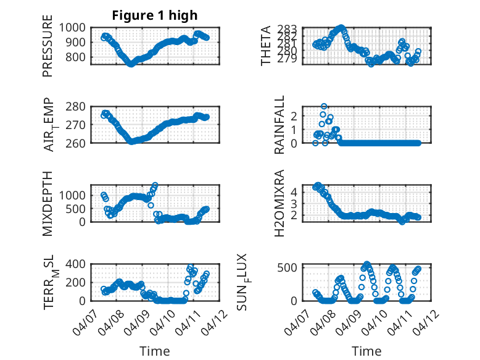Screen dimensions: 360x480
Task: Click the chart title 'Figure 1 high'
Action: [x=155, y=15]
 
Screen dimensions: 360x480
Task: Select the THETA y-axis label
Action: [x=266, y=46]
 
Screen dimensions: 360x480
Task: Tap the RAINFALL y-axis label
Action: [x=279, y=125]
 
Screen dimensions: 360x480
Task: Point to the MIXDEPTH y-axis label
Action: [x=48, y=203]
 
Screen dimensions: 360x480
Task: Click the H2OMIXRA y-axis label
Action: [x=279, y=203]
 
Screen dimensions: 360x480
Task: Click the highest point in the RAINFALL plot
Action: [x=324, y=107]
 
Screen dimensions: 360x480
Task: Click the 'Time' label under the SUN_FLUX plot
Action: [x=366, y=351]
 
